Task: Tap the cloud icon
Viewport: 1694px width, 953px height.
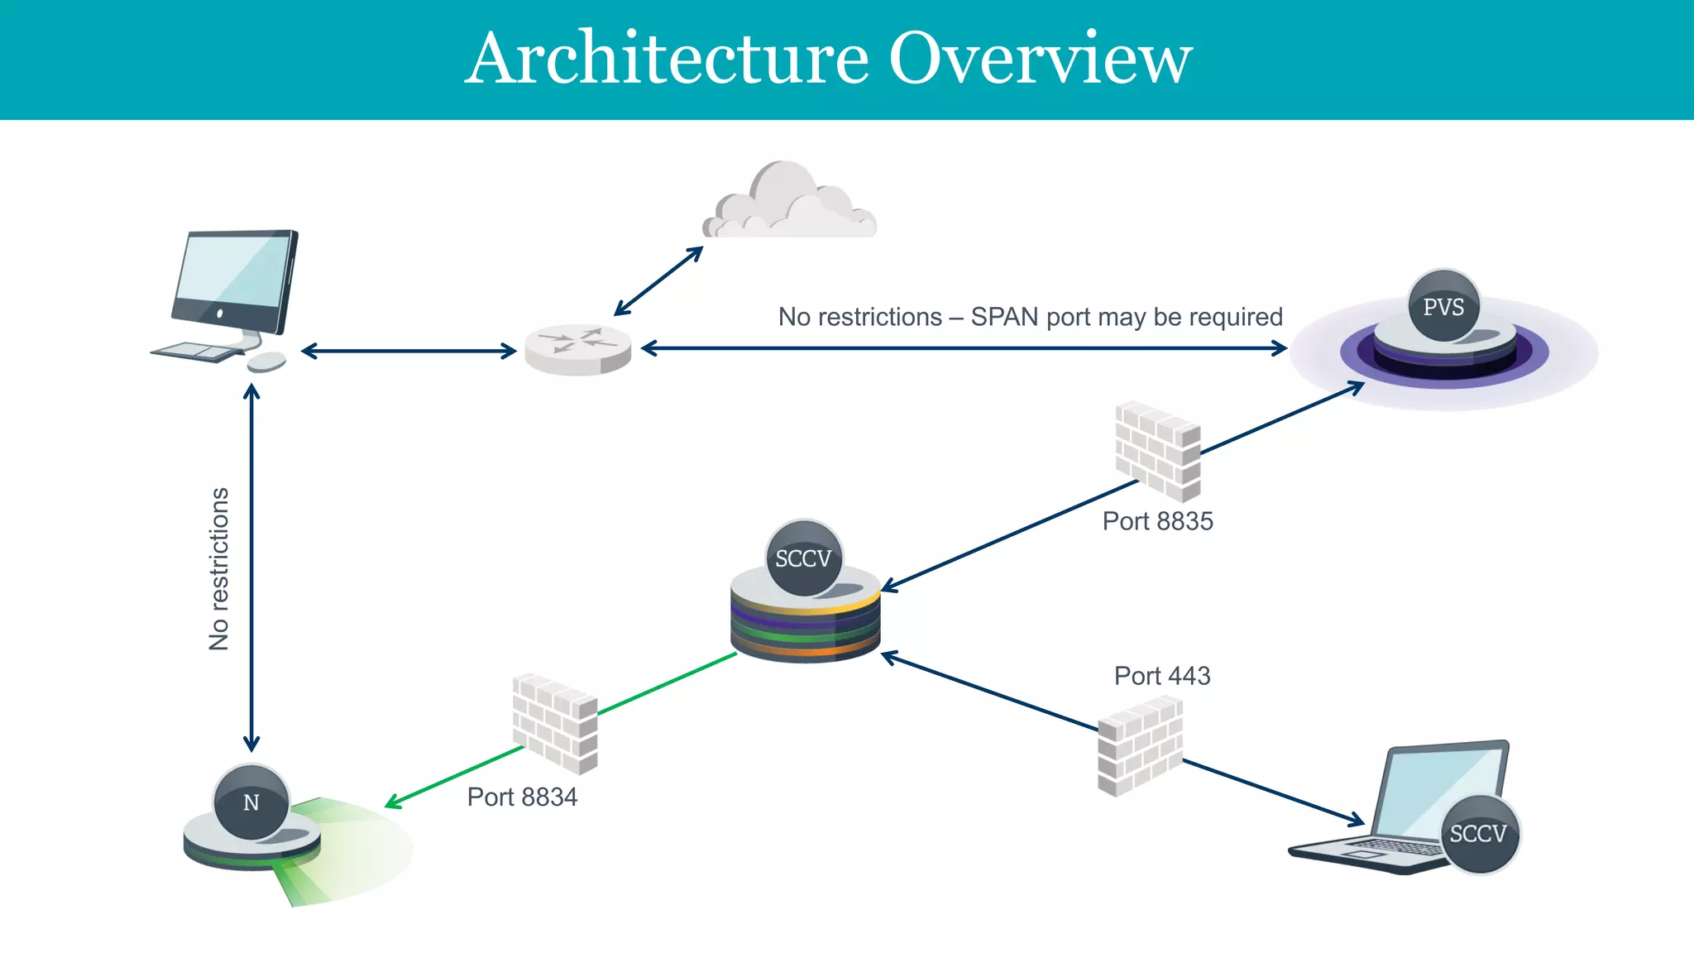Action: tap(789, 203)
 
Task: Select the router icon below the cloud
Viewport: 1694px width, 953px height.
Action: tap(577, 350)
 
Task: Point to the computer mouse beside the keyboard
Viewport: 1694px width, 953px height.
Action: tap(266, 362)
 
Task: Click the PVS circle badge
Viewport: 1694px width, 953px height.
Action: tap(1443, 307)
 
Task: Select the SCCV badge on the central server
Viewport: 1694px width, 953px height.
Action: tap(803, 558)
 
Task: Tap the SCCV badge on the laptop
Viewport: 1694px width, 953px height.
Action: tap(1478, 833)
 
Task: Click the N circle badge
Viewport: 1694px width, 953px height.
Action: tap(251, 802)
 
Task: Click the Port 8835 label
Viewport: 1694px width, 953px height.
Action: tap(1157, 521)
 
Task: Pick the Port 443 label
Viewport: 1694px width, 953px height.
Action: tap(1162, 676)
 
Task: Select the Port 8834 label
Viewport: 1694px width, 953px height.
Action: tap(522, 797)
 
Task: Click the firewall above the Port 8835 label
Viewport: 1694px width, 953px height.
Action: tap(1158, 451)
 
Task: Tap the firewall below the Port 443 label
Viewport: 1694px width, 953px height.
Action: tap(1140, 747)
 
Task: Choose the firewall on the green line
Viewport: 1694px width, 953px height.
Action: tap(554, 724)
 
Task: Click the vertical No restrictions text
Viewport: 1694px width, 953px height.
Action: tap(218, 569)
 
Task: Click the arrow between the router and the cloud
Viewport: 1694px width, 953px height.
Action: tap(658, 281)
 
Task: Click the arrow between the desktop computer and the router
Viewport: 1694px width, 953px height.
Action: tap(409, 351)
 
